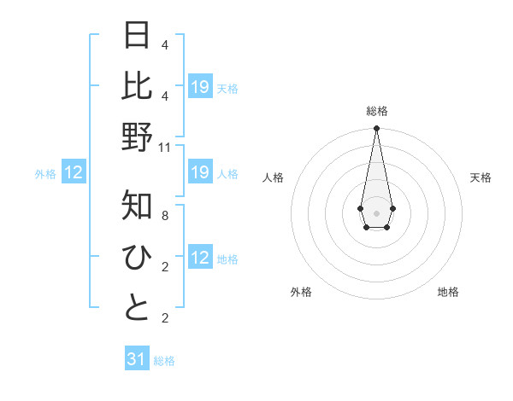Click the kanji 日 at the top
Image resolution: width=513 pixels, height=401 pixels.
tap(137, 36)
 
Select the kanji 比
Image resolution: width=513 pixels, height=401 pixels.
tap(137, 86)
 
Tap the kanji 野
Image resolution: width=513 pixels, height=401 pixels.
tap(137, 137)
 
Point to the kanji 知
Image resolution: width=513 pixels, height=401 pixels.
tap(137, 206)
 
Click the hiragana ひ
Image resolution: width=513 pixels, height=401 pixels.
tap(137, 257)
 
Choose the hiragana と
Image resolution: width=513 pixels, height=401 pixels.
tap(137, 308)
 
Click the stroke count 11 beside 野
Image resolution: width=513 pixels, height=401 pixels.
tap(166, 147)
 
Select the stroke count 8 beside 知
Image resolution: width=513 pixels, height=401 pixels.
tap(165, 216)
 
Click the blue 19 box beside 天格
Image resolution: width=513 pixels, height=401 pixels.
tap(200, 87)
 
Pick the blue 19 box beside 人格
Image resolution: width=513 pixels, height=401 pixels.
tap(200, 173)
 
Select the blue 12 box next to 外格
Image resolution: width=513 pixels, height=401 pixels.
tap(74, 173)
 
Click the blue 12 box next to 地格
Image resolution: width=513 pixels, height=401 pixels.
tap(200, 259)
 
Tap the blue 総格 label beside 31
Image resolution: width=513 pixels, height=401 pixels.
tap(164, 361)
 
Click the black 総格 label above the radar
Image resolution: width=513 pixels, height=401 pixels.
tap(376, 111)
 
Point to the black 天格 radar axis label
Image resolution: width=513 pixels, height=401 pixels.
tap(481, 177)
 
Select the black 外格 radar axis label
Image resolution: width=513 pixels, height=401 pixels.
tap(301, 292)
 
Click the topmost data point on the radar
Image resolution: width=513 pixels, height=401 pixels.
tap(376, 129)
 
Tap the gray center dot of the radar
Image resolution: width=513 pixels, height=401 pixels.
tap(376, 212)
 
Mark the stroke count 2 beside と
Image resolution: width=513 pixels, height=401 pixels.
tap(165, 318)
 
